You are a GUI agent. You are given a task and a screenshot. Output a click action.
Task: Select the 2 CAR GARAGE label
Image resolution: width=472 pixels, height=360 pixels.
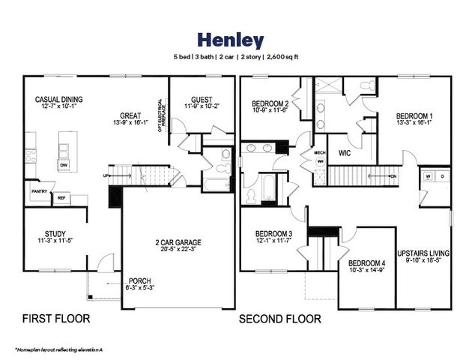pyautogui.click(x=178, y=242)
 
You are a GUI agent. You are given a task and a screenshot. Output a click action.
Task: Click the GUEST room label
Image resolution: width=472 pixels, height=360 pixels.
pyautogui.click(x=201, y=99)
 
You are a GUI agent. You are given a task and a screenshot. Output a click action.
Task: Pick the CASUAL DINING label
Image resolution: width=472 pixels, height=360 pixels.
pyautogui.click(x=58, y=99)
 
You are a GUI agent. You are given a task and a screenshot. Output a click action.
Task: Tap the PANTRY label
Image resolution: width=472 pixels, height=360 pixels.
pyautogui.click(x=39, y=192)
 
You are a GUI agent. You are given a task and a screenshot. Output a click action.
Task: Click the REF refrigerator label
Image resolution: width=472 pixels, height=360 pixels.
pyautogui.click(x=61, y=198)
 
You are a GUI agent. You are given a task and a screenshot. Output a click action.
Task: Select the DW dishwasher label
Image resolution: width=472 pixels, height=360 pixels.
pyautogui.click(x=65, y=166)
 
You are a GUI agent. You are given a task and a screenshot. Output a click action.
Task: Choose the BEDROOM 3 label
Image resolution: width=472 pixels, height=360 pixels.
pyautogui.click(x=273, y=232)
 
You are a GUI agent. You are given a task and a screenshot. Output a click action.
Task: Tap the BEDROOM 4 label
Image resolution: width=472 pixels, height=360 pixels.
pyautogui.click(x=366, y=263)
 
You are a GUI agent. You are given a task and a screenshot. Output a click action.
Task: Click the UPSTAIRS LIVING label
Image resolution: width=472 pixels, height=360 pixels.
pyautogui.click(x=423, y=253)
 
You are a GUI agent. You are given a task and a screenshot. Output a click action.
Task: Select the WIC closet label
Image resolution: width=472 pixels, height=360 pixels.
pyautogui.click(x=345, y=152)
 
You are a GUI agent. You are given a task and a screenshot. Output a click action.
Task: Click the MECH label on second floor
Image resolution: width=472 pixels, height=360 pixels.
pyautogui.click(x=320, y=152)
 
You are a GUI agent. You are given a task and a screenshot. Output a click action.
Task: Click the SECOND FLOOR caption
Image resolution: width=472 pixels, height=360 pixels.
pyautogui.click(x=279, y=319)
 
